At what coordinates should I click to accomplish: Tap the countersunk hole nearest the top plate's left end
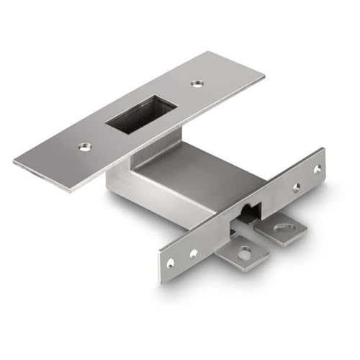85,147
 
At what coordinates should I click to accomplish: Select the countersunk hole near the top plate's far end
197,84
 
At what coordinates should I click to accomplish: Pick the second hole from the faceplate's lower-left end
193,252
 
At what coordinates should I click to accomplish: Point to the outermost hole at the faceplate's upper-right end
316,170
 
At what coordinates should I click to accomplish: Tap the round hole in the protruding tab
246,253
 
